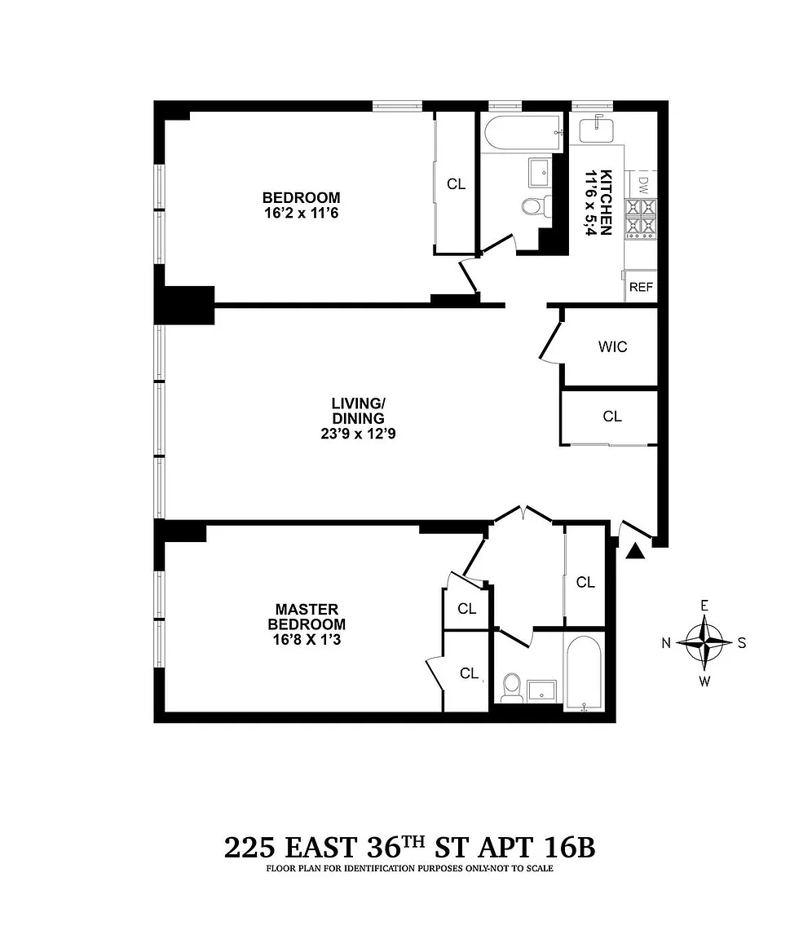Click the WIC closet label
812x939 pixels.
612,346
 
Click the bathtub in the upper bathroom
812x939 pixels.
523,132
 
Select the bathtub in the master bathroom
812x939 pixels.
584,672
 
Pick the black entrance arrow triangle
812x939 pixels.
635,552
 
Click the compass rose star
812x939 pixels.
704,642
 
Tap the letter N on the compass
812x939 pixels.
666,643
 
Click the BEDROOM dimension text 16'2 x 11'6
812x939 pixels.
301,213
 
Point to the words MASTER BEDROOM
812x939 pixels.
307,617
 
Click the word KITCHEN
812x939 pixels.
606,202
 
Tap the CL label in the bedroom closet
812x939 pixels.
457,184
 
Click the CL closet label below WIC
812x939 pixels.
612,417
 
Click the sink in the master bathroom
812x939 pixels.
542,690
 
